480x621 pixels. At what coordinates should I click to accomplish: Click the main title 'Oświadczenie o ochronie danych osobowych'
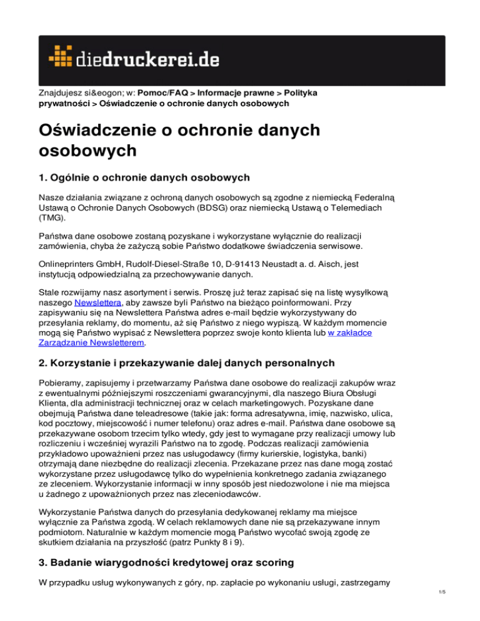[x=178, y=141]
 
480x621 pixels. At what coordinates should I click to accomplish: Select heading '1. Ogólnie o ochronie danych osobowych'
[x=144, y=177]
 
